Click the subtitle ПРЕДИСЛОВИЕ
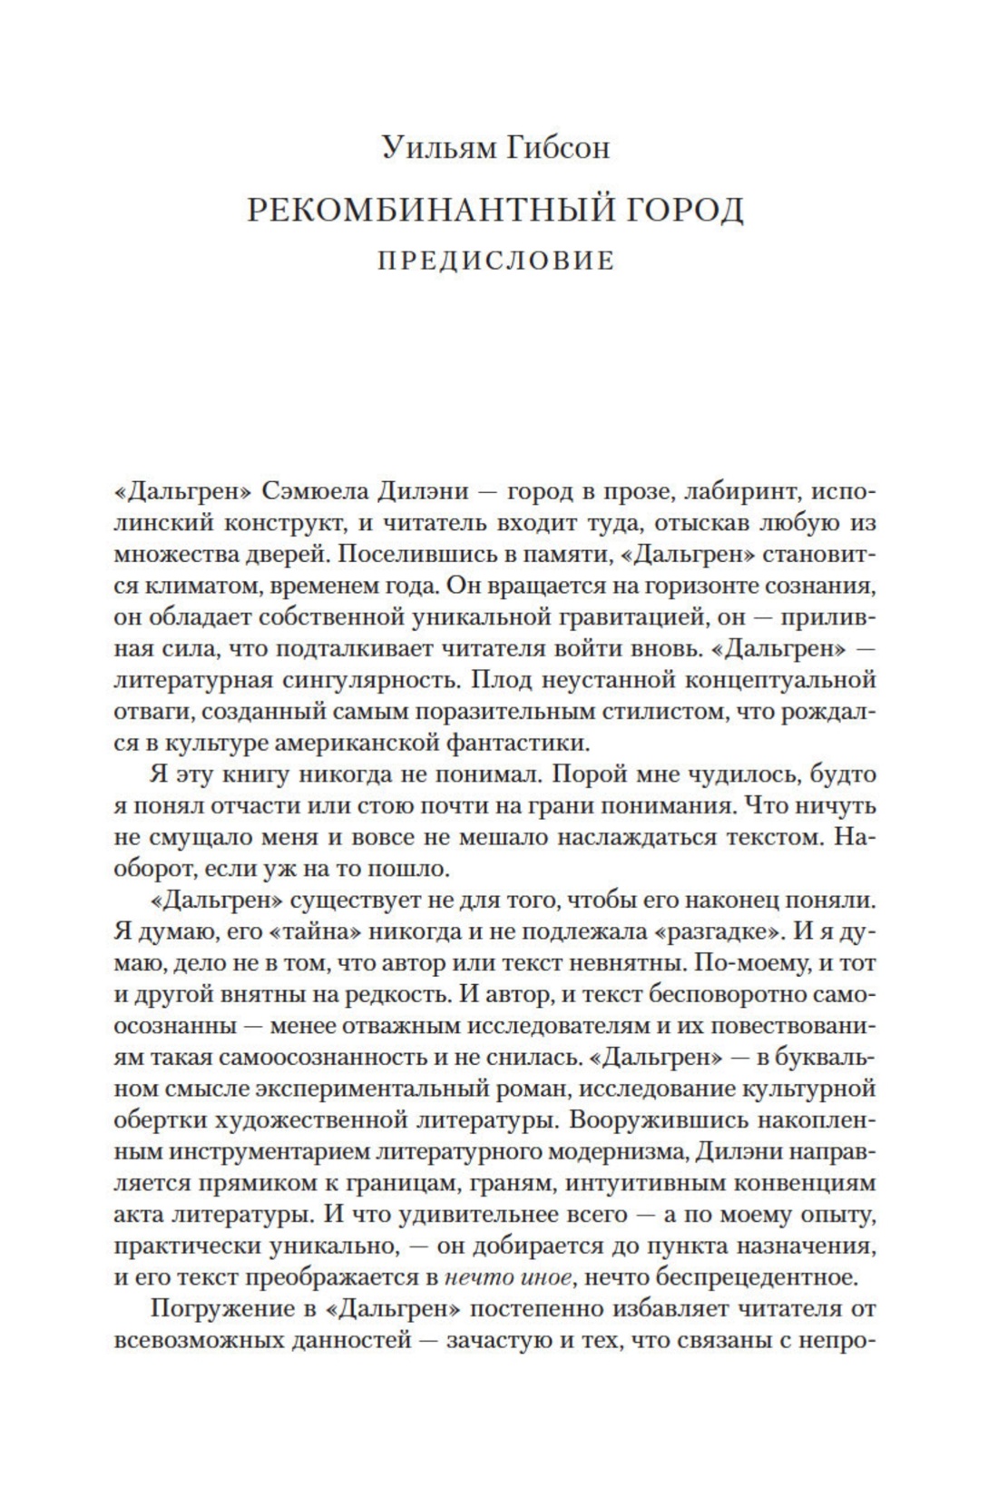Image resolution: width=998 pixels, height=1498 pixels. [x=496, y=261]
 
